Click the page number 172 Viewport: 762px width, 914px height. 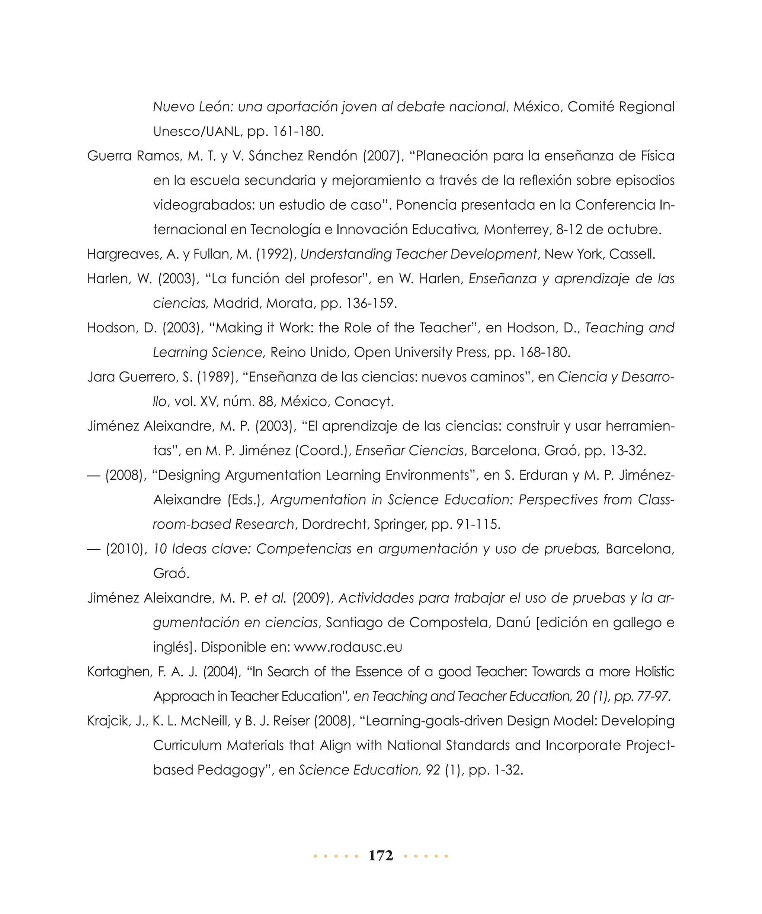pos(381,855)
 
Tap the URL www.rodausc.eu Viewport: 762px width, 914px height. pos(348,647)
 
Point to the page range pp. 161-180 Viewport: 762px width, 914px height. pos(285,131)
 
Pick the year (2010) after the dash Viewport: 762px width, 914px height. pos(126,549)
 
